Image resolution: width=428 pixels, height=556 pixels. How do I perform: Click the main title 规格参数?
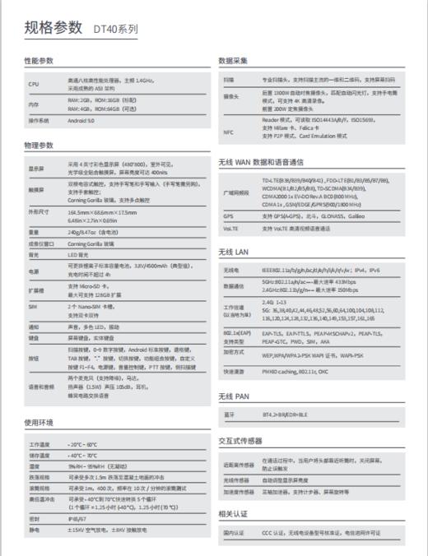(x=53, y=27)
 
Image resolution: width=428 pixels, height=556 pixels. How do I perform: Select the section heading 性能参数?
(x=39, y=61)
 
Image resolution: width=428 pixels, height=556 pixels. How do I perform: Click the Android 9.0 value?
(x=81, y=121)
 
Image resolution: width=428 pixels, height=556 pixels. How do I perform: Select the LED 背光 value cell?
(x=80, y=256)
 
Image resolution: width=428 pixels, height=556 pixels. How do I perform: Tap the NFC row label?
(x=228, y=132)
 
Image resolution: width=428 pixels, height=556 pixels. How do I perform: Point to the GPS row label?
(x=228, y=216)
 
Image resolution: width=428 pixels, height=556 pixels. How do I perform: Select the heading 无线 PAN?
(x=235, y=396)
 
